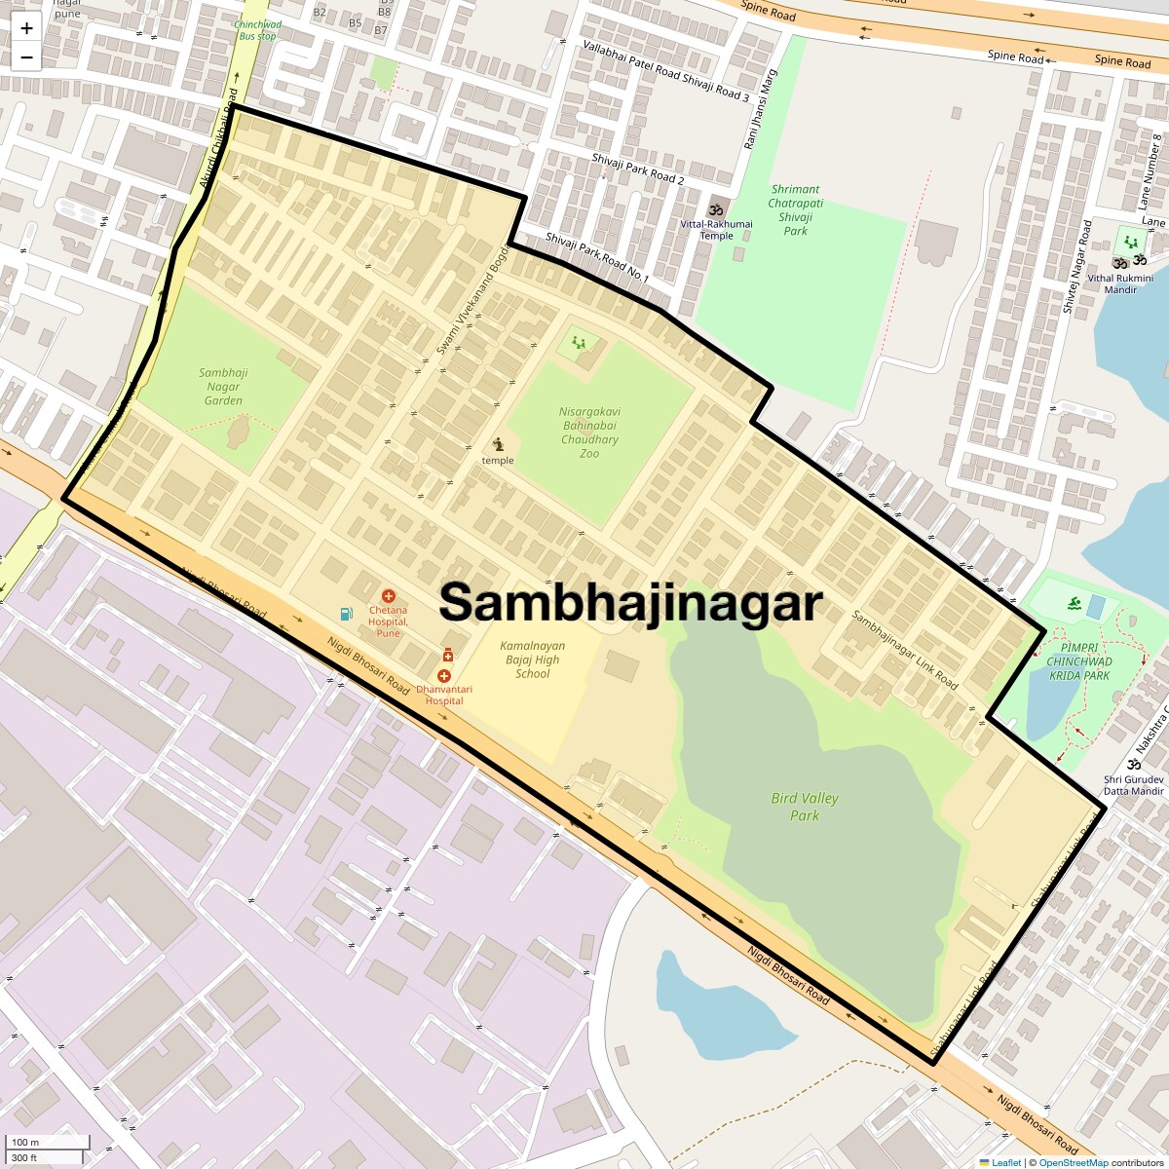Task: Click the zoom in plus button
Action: [26, 29]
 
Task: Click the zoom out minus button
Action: [26, 57]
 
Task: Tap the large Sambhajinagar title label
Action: [630, 602]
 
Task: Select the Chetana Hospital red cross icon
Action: [389, 595]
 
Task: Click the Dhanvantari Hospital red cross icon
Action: [444, 675]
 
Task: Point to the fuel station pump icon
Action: [346, 614]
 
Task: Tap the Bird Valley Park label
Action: [804, 807]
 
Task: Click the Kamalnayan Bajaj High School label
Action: [532, 660]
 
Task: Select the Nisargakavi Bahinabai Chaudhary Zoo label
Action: [589, 433]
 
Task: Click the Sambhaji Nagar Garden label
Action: [223, 387]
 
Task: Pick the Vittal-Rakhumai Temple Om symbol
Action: [716, 209]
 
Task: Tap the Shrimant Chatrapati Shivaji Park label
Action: [795, 210]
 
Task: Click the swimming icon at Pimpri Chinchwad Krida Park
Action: [1073, 606]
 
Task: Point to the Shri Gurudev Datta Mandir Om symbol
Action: [1133, 765]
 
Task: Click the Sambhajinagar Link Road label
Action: [904, 650]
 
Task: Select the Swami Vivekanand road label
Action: [473, 297]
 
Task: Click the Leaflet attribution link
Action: [1005, 1162]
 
